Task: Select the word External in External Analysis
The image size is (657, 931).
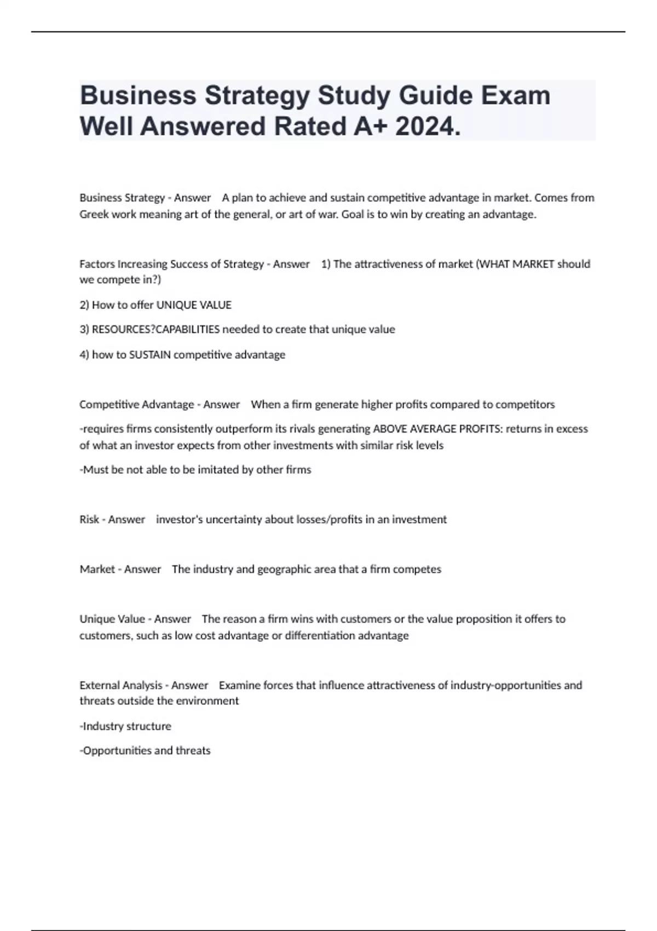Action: coord(99,685)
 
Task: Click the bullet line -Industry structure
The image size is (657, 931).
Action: coord(125,726)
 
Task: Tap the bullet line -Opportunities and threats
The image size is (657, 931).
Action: coord(145,750)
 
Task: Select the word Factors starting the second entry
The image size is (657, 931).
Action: coord(97,264)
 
